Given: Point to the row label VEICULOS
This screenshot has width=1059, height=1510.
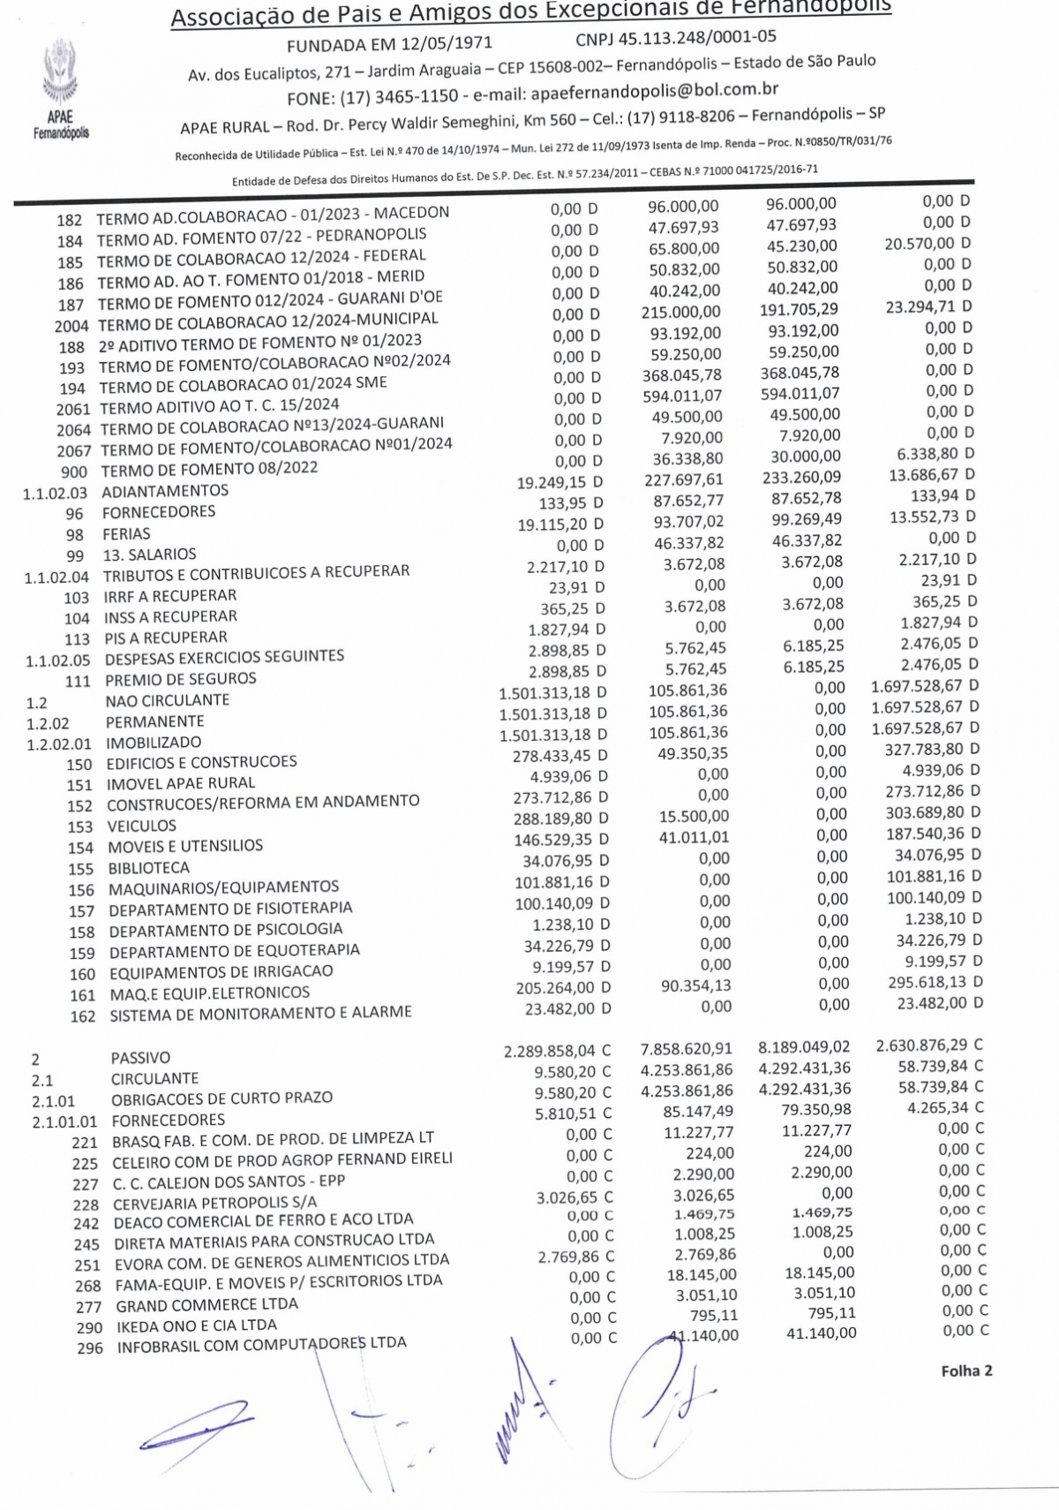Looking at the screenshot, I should [142, 826].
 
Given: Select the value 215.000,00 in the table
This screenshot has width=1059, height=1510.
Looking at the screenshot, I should [680, 312].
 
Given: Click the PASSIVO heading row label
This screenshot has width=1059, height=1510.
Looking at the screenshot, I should [140, 1058].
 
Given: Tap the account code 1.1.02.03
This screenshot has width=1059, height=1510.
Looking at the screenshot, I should [56, 493].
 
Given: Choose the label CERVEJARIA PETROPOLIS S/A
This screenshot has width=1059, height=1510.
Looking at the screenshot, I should [215, 1203].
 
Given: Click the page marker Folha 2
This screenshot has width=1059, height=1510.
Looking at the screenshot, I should [966, 1370].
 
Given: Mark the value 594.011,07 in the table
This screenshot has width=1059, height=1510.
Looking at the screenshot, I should [682, 396].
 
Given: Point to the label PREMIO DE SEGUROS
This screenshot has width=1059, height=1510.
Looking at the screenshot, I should [181, 679].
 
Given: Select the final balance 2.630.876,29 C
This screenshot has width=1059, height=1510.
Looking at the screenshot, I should [929, 1046].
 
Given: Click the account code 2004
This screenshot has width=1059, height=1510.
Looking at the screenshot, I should [72, 325].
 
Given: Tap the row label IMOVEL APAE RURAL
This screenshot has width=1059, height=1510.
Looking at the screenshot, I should [181, 783].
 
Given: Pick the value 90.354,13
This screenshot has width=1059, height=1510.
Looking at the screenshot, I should [696, 985].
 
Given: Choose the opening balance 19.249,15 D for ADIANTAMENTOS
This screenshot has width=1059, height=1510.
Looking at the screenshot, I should [560, 482].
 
